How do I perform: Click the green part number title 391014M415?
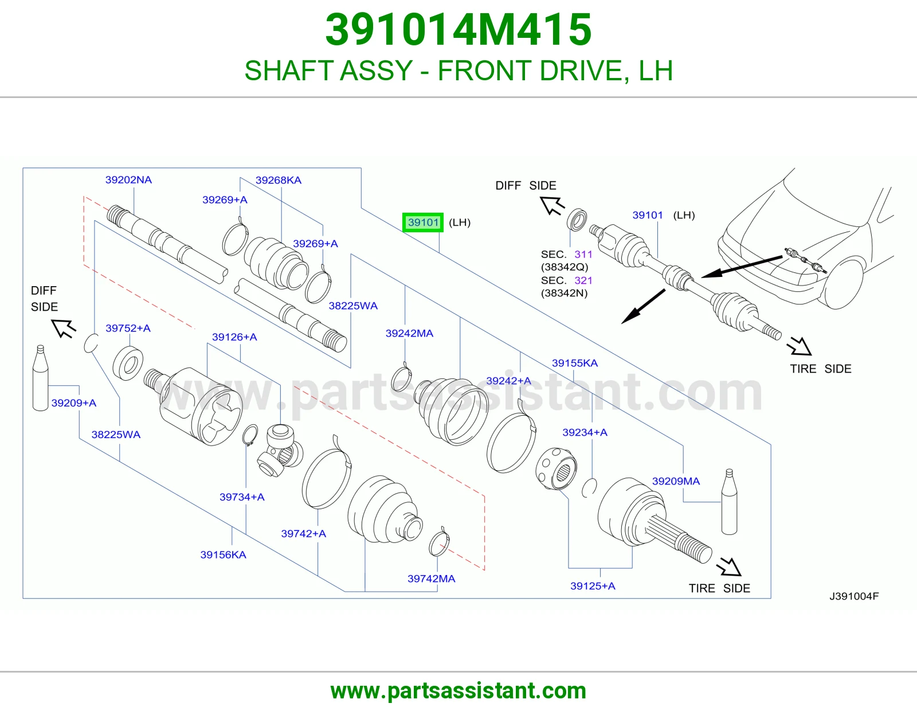458,30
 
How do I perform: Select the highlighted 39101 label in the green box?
423,222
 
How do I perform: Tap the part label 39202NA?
128,180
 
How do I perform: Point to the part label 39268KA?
279,180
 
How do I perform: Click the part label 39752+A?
128,328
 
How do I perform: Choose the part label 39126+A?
234,337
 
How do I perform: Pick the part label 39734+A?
242,497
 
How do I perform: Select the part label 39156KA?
224,555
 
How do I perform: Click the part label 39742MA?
432,579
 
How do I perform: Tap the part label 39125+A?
593,586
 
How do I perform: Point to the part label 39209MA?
676,481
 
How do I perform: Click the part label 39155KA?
575,363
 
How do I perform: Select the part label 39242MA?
409,334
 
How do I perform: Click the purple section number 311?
583,255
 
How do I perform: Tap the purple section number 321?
583,281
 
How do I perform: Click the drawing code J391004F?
854,596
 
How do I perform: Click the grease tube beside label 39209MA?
729,502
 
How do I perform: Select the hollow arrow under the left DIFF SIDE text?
63,328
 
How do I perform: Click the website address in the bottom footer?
458,691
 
